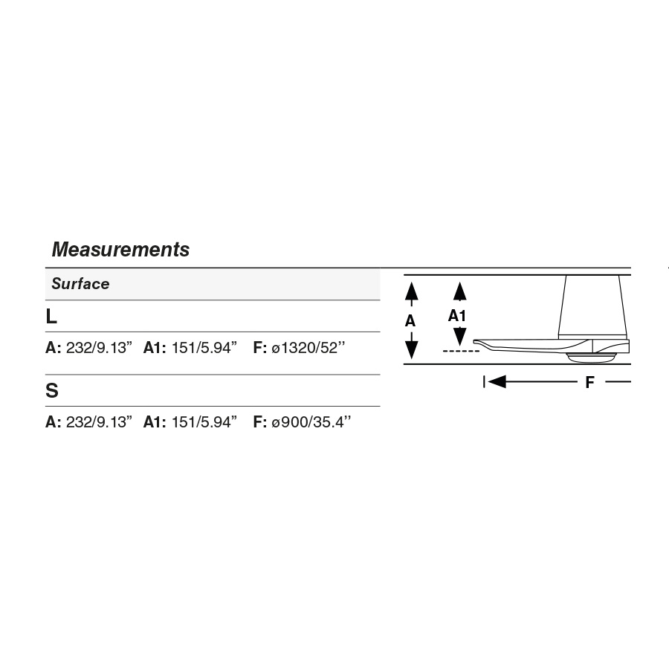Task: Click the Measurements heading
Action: point(120,250)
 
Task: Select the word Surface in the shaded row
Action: point(80,284)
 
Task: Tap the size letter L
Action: point(51,316)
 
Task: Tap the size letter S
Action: point(52,391)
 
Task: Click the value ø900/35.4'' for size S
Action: point(311,422)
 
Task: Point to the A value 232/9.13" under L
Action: point(99,348)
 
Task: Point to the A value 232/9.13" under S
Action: point(99,422)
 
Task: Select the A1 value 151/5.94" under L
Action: point(204,348)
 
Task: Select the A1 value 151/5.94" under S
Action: point(204,422)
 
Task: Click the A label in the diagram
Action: point(410,321)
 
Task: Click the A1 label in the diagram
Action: point(458,316)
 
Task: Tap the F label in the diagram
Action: point(590,382)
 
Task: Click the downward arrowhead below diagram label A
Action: point(411,349)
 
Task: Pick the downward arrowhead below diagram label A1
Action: point(460,336)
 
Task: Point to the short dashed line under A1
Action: point(461,350)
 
